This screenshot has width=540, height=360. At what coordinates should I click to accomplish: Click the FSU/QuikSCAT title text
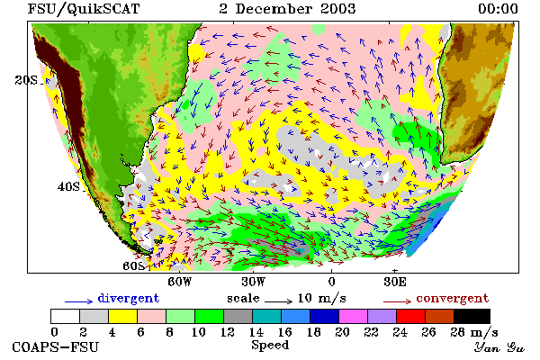click(x=84, y=9)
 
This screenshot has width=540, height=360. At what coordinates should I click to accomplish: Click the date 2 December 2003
click(x=287, y=9)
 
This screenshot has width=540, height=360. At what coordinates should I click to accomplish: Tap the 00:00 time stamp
click(x=498, y=9)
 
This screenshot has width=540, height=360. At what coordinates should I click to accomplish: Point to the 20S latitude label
click(x=26, y=80)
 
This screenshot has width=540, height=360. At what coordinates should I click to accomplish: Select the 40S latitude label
click(x=68, y=186)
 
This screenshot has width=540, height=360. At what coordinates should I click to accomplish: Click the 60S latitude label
click(x=133, y=266)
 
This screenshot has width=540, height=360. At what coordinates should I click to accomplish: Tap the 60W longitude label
click(x=179, y=282)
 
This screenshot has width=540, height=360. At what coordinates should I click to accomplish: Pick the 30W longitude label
click(x=254, y=282)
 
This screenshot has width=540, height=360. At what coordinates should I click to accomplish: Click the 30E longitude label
click(x=395, y=282)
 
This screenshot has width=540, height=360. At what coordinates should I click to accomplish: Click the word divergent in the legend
click(x=129, y=298)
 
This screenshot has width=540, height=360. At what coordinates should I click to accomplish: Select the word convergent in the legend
click(x=453, y=298)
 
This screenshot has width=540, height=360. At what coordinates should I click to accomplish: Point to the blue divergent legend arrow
click(x=79, y=301)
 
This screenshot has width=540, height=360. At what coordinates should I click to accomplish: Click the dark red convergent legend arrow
click(x=397, y=301)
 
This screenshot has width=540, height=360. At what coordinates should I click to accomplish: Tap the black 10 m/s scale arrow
click(x=279, y=301)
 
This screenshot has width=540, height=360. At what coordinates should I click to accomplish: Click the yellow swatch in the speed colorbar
click(x=122, y=316)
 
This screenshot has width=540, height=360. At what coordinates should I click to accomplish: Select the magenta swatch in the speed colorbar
click(x=354, y=316)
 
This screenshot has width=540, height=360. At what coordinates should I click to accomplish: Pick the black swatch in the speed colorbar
click(x=472, y=316)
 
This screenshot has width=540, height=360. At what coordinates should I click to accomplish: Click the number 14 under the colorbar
click(x=256, y=332)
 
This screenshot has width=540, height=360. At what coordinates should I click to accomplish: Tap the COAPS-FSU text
click(x=56, y=346)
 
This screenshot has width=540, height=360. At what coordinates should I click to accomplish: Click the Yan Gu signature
click(x=499, y=347)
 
